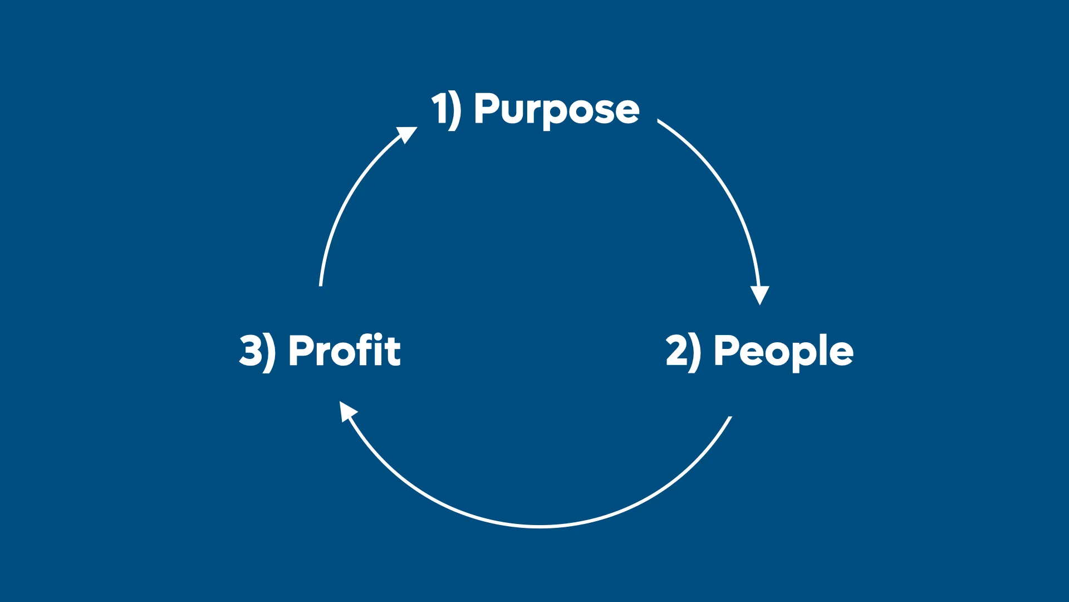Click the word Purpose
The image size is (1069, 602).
[556, 110]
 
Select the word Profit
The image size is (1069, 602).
[344, 351]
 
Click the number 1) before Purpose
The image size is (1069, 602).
[445, 110]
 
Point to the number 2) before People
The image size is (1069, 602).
[683, 351]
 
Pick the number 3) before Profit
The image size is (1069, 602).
[257, 351]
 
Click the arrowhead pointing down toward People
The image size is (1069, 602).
[759, 294]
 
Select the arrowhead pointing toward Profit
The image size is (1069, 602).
[347, 411]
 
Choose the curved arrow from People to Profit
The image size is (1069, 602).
[540, 526]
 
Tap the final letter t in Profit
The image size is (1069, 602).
[393, 351]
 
